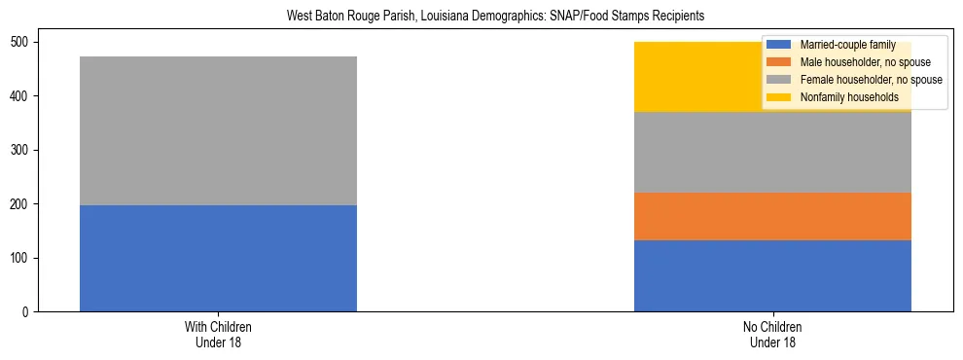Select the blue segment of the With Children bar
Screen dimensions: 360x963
click(218, 258)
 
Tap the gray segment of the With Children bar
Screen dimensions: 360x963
click(218, 130)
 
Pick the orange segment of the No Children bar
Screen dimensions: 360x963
click(772, 216)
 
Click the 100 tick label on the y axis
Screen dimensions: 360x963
click(21, 258)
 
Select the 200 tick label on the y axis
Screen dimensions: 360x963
click(21, 203)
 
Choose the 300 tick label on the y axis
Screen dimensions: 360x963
click(21, 150)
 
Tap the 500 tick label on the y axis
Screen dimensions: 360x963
click(21, 42)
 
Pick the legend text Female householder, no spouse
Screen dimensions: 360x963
click(871, 80)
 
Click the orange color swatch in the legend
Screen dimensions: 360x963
click(779, 62)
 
